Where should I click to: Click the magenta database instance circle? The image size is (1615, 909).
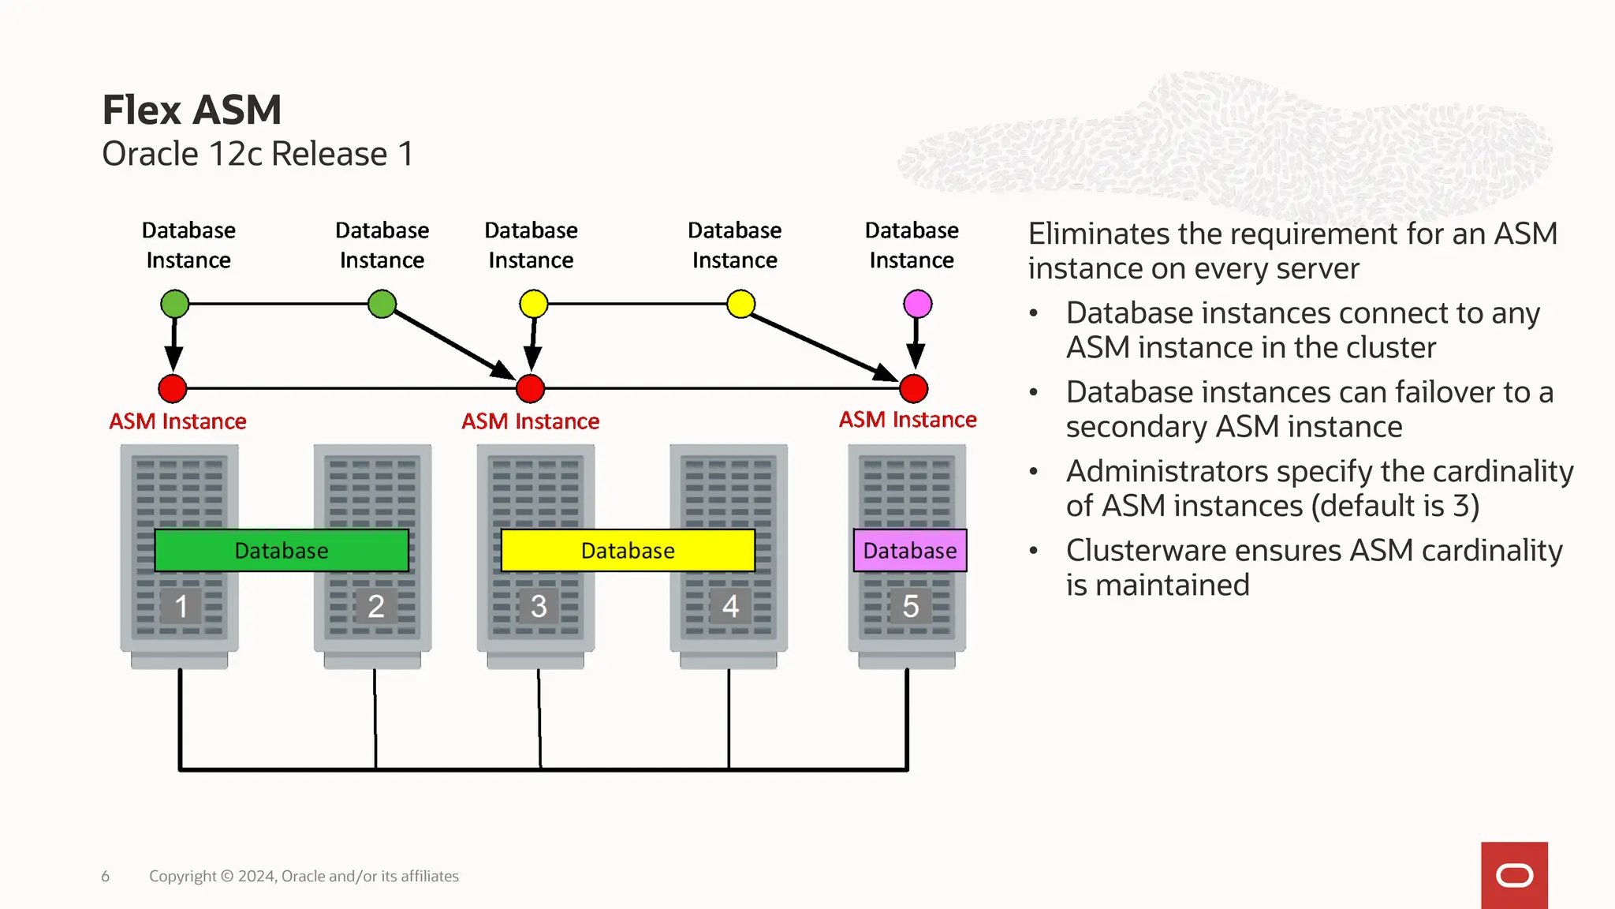tap(917, 304)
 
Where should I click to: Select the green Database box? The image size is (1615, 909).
tap(282, 550)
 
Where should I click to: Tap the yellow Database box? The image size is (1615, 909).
tap(628, 550)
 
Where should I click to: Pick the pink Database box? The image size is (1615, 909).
tap(910, 550)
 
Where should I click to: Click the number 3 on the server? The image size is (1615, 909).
tap(538, 606)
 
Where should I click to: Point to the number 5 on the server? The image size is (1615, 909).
tap(910, 606)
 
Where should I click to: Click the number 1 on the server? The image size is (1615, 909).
tap(181, 606)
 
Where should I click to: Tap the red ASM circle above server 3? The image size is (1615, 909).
tap(530, 388)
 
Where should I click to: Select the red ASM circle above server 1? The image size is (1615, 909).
tap(173, 388)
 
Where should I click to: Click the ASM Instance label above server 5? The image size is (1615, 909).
tap(907, 420)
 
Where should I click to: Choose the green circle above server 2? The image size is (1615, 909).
tap(382, 304)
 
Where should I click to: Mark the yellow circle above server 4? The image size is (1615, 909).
tap(740, 304)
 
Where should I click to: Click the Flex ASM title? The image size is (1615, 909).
tap(192, 110)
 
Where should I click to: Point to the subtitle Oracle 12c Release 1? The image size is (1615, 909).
tap(258, 154)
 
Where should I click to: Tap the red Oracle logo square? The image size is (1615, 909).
tap(1514, 875)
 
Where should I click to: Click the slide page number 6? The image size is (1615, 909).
tap(105, 876)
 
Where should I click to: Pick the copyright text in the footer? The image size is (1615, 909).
tap(304, 876)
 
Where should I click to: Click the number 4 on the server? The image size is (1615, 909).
tap(730, 606)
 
